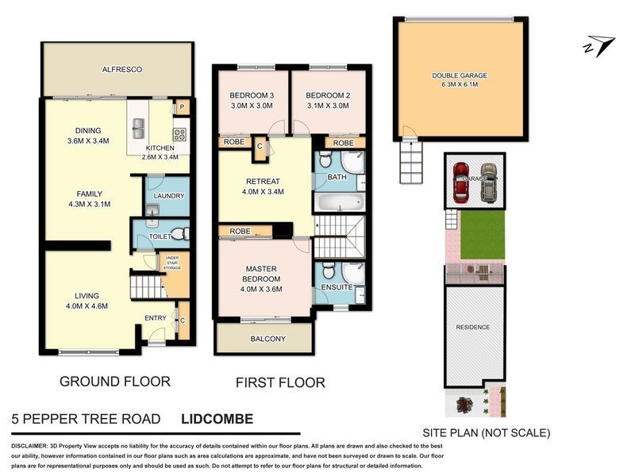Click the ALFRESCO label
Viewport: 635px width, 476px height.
121,70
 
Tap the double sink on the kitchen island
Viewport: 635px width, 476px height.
138,125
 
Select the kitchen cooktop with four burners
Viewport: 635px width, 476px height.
179,133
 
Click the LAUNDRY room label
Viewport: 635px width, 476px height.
168,196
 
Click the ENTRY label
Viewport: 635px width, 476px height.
156,318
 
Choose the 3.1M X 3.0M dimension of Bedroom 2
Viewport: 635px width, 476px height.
327,106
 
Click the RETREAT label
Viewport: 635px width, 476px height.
263,181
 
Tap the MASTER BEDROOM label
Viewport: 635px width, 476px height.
262,274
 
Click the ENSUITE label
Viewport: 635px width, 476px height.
337,287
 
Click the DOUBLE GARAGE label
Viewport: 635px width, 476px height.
459,75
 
